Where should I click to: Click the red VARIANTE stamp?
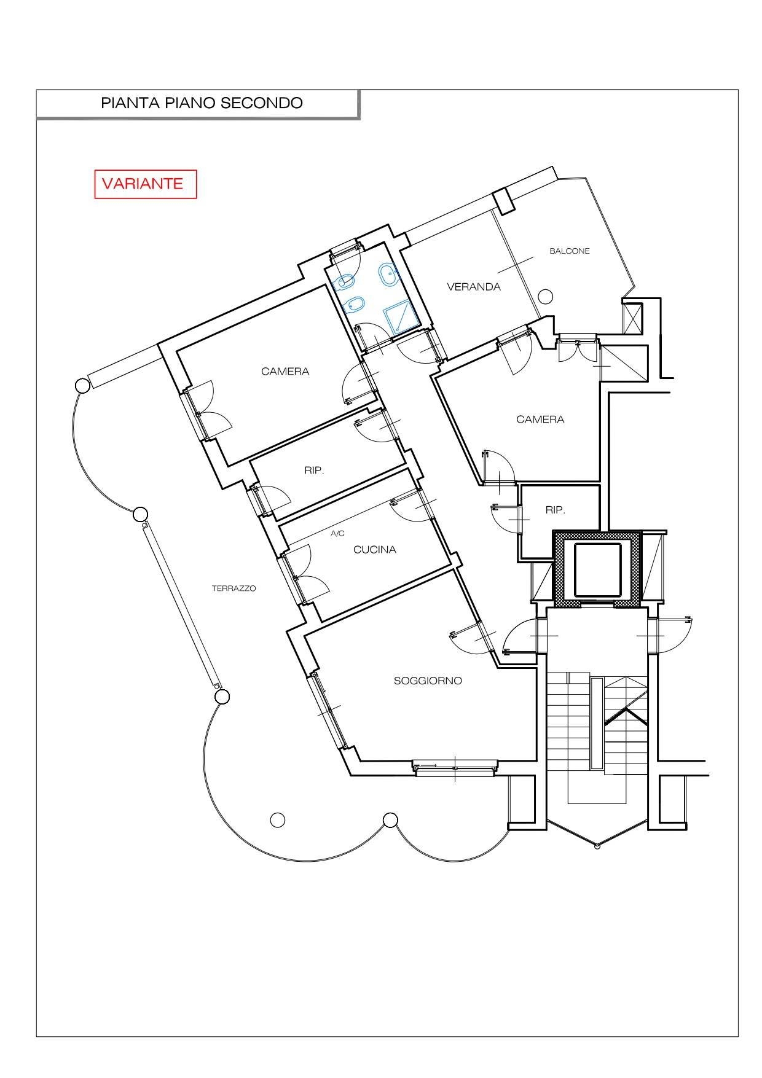pos(146,184)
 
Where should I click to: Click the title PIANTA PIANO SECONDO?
pos(202,103)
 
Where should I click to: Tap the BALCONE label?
pos(570,251)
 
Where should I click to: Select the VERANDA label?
pos(474,287)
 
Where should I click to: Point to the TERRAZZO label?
pos(234,588)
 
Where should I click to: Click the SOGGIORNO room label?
pos(428,681)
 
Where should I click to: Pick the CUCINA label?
pos(375,550)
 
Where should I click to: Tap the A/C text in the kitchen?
pos(338,534)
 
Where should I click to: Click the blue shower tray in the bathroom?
pos(400,319)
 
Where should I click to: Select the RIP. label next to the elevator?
pos(555,510)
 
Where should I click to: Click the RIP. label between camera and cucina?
pos(313,471)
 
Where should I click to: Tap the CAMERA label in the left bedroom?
pos(285,372)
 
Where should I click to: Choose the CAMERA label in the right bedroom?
pos(540,420)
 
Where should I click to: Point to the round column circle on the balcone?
pos(546,297)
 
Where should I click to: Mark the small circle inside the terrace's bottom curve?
pos(278,819)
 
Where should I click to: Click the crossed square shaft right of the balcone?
pos(632,318)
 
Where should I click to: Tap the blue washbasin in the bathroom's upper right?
pos(388,275)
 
